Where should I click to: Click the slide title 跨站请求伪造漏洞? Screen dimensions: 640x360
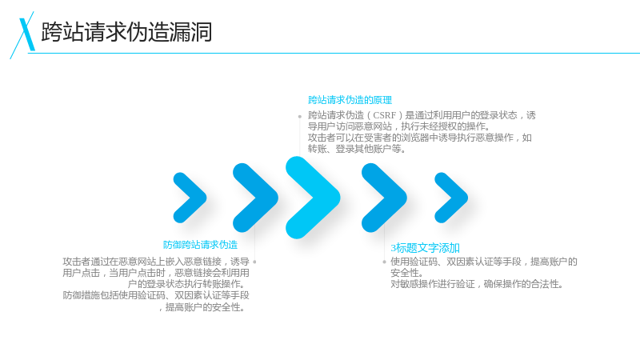tap(126, 32)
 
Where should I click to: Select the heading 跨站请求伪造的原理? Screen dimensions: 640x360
tap(350, 100)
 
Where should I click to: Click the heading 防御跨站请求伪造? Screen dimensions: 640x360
tap(200, 245)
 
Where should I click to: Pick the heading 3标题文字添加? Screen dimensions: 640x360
tap(425, 248)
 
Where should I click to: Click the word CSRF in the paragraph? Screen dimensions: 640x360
tap(385, 115)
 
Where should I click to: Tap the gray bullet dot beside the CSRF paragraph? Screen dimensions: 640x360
tap(299, 117)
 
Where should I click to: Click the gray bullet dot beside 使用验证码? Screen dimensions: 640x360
tap(384, 262)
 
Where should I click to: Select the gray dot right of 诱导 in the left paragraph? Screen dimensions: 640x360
tap(254, 262)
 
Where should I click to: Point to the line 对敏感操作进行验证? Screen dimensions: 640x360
tap(477, 284)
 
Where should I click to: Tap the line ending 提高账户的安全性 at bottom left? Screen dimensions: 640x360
tap(202, 307)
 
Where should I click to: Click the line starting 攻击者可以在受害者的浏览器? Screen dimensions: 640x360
tap(419, 138)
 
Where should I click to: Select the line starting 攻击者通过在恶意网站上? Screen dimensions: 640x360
tap(156, 262)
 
